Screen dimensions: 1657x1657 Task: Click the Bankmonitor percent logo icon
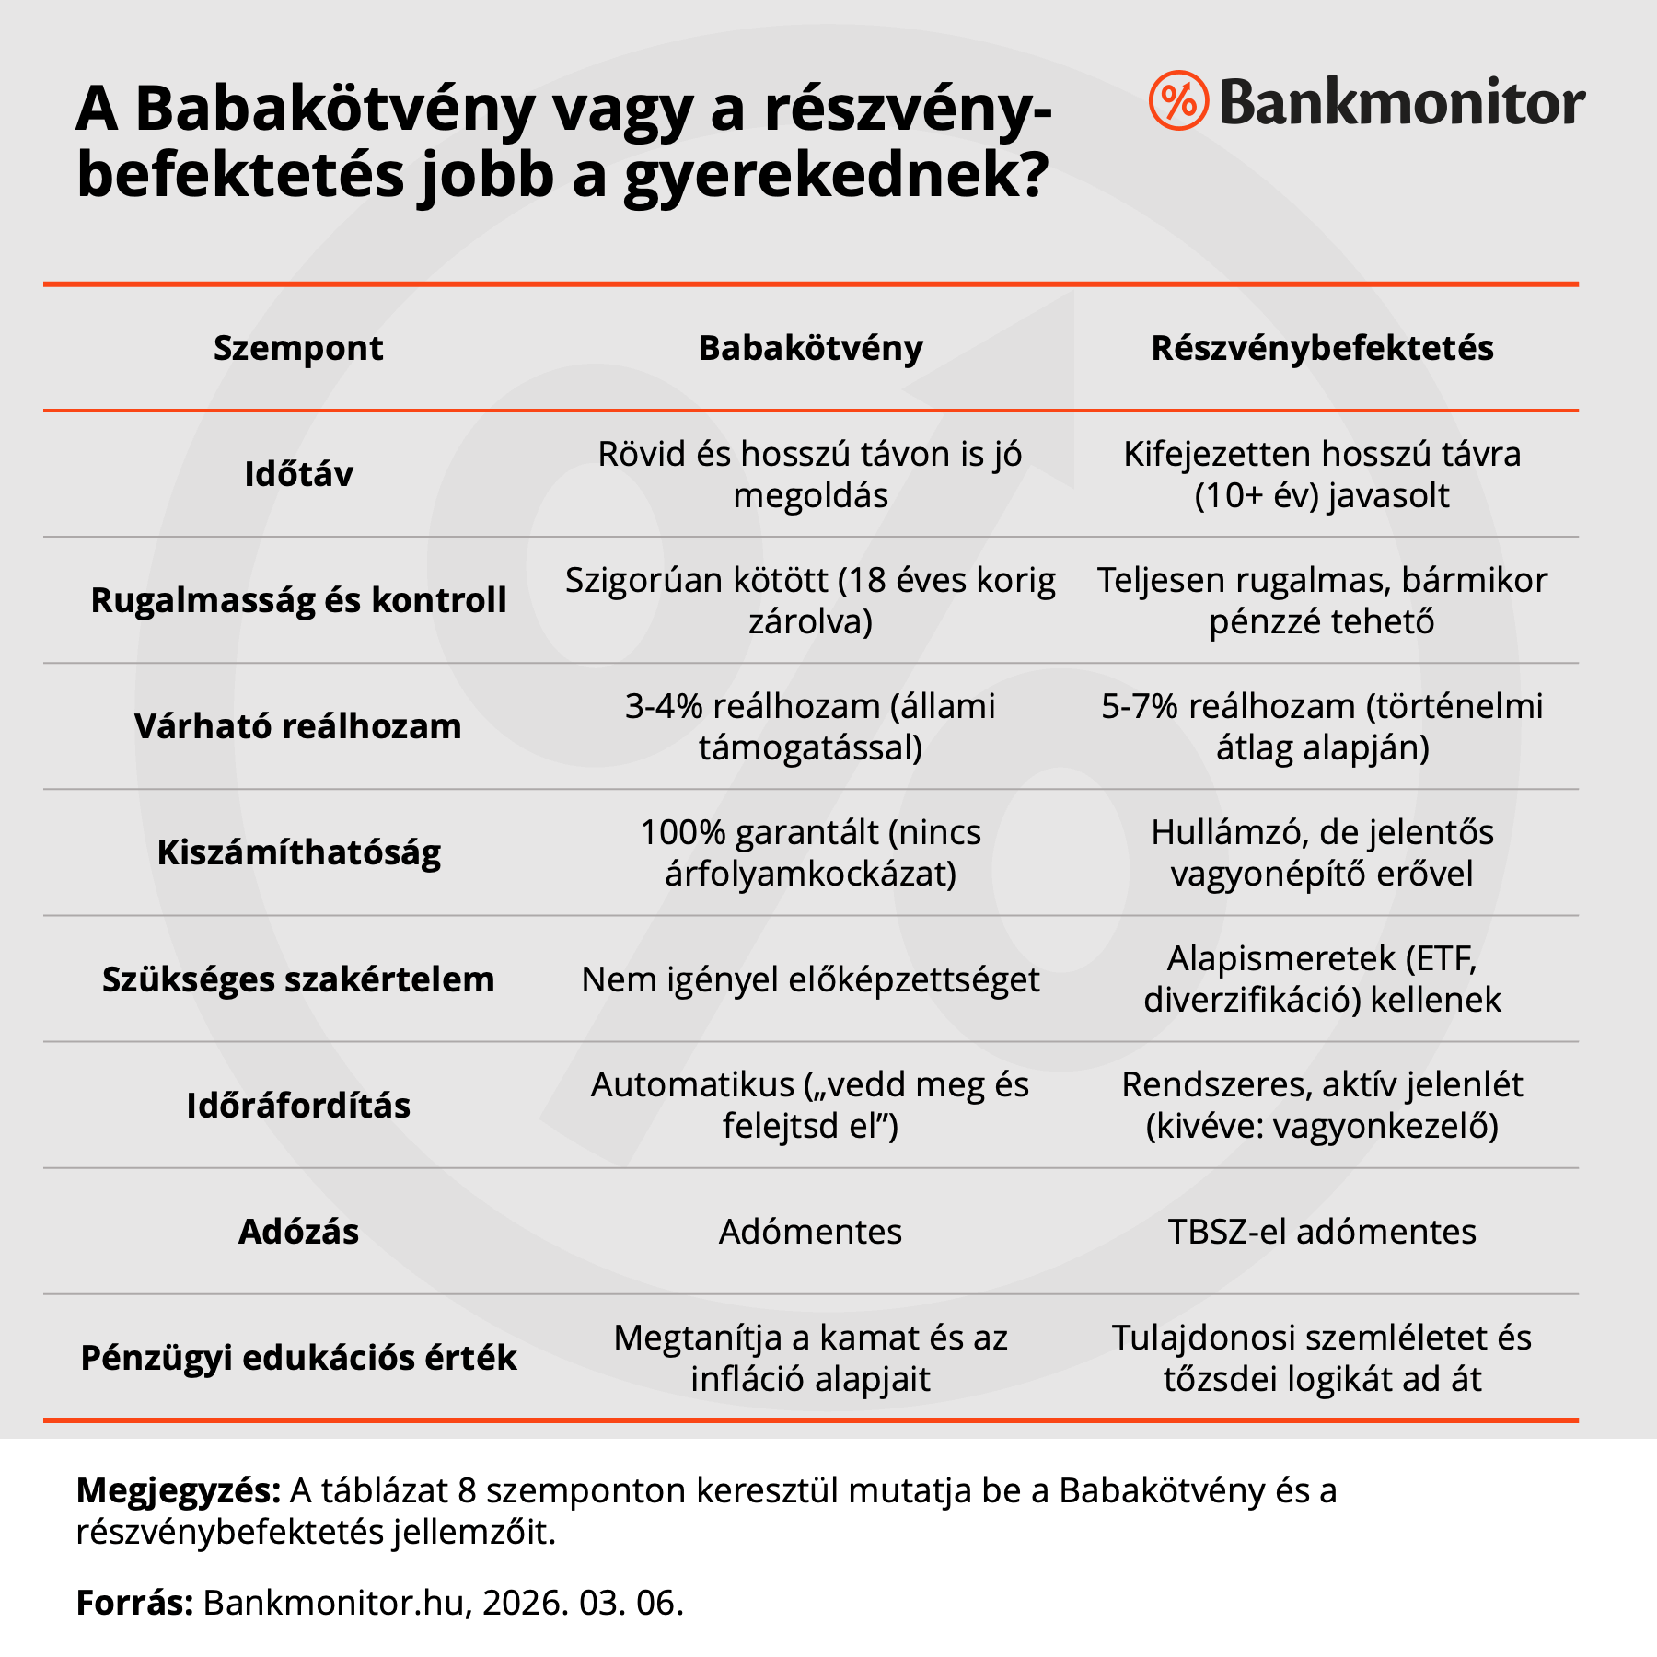(x=1177, y=100)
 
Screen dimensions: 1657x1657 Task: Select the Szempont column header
(x=298, y=348)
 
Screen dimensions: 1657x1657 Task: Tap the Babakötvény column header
(x=810, y=348)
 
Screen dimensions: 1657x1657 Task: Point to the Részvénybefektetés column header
(x=1322, y=348)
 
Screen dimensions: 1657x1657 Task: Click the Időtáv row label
(x=298, y=474)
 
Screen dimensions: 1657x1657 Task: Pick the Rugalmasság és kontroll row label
(x=298, y=600)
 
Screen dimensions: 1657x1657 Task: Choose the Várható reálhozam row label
(x=298, y=726)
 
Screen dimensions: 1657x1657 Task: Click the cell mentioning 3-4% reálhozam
(x=810, y=726)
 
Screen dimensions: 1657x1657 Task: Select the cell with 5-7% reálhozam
(x=1322, y=726)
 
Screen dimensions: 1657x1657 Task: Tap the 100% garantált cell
(x=810, y=852)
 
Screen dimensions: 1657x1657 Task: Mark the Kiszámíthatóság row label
(x=298, y=852)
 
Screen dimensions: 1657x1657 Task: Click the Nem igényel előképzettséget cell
(x=810, y=979)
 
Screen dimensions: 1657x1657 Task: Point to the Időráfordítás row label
(x=298, y=1106)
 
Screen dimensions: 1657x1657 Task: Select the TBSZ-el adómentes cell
(x=1322, y=1232)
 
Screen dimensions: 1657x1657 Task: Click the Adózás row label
(x=298, y=1232)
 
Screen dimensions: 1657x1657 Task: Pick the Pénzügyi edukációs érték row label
(x=298, y=1358)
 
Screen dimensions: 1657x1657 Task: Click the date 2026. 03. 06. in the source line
(x=583, y=1603)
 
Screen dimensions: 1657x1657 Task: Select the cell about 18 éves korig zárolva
(x=810, y=600)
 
